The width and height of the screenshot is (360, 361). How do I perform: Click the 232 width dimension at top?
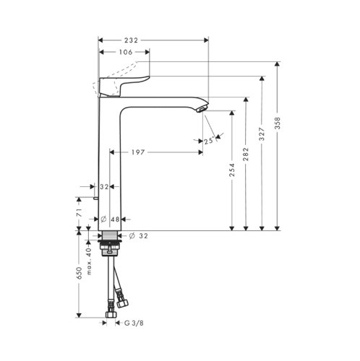pos(130,41)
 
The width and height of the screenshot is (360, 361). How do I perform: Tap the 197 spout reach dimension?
pos(139,152)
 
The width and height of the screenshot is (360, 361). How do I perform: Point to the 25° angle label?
pos(209,141)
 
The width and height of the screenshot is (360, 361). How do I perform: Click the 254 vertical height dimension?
pos(232,171)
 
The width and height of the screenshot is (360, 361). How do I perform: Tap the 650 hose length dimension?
pos(78,275)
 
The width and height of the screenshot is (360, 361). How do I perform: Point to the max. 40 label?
pos(90,261)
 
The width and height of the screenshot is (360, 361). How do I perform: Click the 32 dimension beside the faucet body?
pos(103,186)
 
